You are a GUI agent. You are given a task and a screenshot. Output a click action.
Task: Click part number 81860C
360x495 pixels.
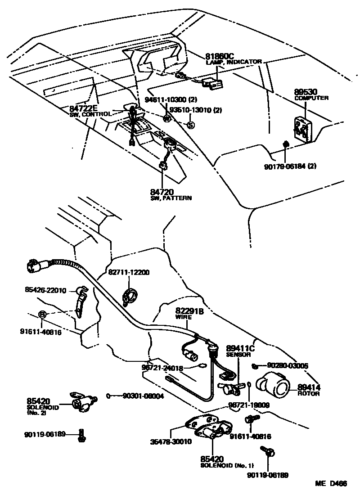click(x=220, y=56)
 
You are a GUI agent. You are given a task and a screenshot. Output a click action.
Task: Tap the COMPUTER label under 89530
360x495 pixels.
click(x=311, y=98)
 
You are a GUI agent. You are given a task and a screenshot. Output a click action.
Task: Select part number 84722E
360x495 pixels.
click(x=83, y=108)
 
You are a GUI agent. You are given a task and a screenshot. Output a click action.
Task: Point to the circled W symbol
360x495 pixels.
click(x=166, y=119)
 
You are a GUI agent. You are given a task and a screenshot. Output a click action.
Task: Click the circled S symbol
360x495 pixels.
click(x=190, y=125)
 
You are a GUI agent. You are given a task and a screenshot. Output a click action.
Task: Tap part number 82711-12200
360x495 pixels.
click(x=129, y=273)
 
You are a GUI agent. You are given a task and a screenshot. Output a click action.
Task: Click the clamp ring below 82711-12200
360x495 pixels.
click(x=129, y=297)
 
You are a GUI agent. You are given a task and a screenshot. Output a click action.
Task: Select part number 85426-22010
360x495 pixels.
click(x=45, y=290)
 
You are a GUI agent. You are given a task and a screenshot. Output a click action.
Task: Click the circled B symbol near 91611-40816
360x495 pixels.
click(x=41, y=314)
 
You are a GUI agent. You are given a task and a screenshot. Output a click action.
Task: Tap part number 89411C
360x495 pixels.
click(x=240, y=349)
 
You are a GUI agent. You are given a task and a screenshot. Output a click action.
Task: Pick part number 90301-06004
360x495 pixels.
click(x=143, y=396)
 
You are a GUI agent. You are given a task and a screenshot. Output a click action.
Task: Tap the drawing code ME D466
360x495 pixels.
click(x=331, y=484)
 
